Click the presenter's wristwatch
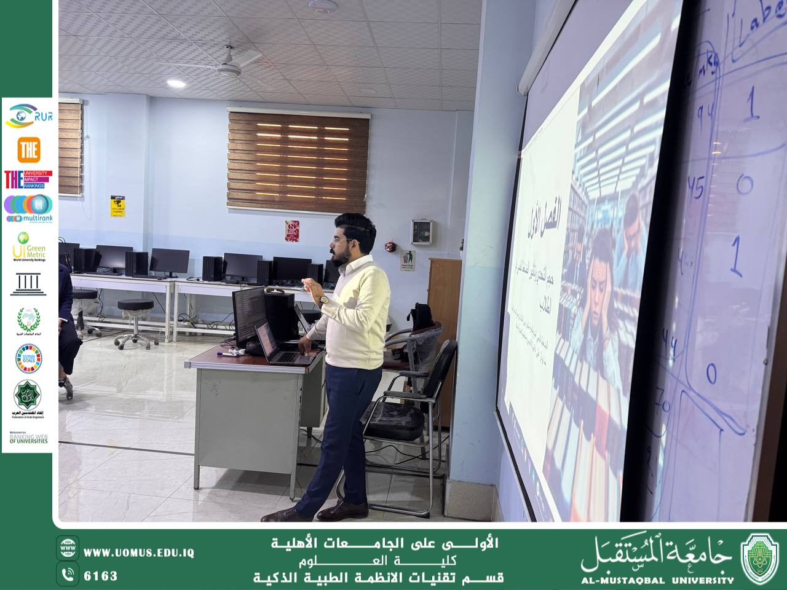tap(323, 301)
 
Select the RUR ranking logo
tap(28, 115)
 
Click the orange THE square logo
tap(29, 149)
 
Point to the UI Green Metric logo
tap(28, 246)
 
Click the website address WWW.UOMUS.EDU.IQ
tap(139, 553)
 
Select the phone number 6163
tap(100, 576)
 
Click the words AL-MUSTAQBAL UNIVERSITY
tap(658, 579)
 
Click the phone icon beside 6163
tap(68, 575)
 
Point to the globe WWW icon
tap(68, 548)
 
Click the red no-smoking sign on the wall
tap(291, 230)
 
